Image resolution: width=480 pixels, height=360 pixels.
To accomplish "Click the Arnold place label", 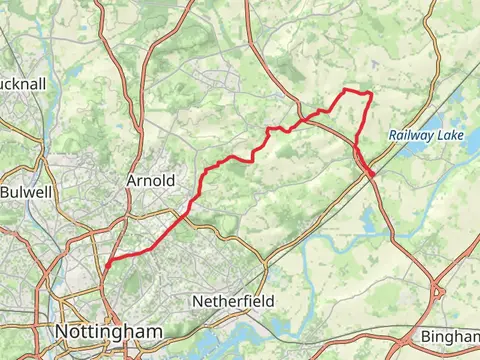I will tap(151, 181).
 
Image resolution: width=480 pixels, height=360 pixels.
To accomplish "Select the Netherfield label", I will tap(233, 300).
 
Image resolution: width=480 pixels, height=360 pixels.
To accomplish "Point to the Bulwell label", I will tap(23, 191).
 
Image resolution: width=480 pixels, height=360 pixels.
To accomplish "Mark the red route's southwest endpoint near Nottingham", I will tap(104, 268).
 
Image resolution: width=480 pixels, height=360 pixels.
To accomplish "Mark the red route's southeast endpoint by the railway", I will tap(375, 177).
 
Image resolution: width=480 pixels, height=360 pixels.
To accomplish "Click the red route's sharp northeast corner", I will tap(371, 94).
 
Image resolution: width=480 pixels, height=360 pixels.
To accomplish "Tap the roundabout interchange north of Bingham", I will tap(439, 293).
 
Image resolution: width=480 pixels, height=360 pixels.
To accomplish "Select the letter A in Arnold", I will tap(132, 181).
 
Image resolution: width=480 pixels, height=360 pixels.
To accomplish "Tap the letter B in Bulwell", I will tap(5, 191).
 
